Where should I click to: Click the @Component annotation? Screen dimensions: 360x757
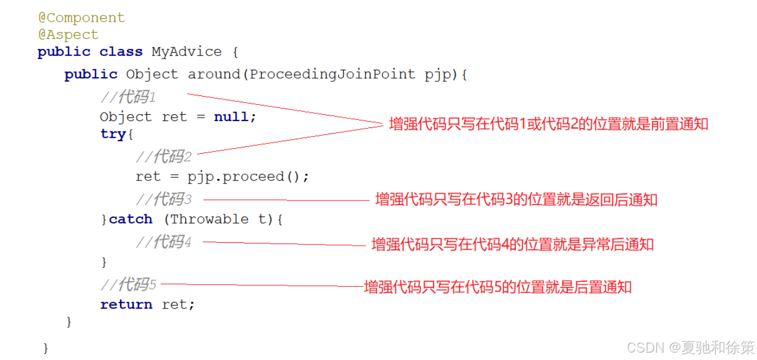[81, 18]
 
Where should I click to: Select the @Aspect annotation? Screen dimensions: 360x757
[68, 35]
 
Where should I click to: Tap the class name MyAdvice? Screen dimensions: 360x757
[186, 51]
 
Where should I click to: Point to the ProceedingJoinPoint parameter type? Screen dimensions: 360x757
[333, 74]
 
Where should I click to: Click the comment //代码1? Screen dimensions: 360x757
[129, 97]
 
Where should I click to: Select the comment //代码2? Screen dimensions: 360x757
[163, 156]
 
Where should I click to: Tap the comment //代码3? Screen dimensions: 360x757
[163, 199]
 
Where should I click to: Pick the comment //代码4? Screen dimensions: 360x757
[163, 242]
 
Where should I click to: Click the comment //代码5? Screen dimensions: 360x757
[129, 284]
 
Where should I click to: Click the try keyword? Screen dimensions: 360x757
[113, 134]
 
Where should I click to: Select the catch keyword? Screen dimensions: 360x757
[131, 219]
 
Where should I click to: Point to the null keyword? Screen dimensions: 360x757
[231, 117]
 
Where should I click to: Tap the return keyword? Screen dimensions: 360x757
[126, 305]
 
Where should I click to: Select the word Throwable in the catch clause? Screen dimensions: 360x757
[209, 219]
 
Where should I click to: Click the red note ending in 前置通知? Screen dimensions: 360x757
[548, 124]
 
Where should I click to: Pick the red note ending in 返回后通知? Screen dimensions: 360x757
[516, 199]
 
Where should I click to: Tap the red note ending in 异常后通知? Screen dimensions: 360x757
[512, 245]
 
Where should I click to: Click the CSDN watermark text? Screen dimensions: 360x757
[690, 347]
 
